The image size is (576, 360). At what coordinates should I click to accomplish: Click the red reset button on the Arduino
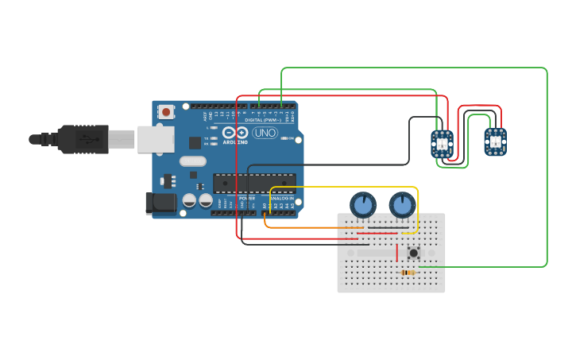(166, 112)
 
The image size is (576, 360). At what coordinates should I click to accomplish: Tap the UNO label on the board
(265, 133)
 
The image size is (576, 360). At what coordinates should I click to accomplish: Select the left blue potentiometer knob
(363, 205)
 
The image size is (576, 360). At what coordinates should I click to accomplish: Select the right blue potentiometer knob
(403, 205)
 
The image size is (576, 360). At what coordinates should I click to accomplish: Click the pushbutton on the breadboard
(413, 254)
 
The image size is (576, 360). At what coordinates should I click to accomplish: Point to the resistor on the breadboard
(408, 273)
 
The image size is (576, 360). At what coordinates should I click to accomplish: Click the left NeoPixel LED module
(443, 143)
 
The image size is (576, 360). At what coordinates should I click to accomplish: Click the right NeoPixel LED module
(496, 141)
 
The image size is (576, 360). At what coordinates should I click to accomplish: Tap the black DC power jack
(161, 203)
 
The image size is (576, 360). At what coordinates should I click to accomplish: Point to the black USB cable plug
(79, 139)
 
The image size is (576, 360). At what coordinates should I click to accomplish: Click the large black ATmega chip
(254, 184)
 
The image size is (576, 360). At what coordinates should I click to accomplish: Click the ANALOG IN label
(282, 198)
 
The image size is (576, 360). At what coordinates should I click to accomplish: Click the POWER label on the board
(247, 198)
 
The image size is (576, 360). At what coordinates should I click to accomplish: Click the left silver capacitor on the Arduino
(189, 201)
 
